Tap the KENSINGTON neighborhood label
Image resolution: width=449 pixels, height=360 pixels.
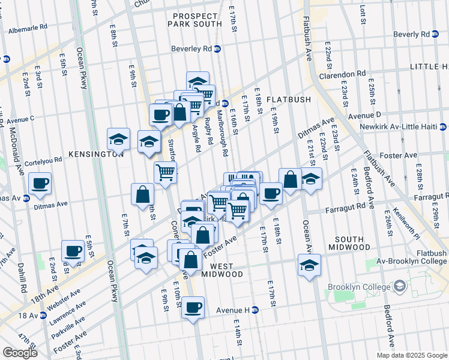(x=96, y=154)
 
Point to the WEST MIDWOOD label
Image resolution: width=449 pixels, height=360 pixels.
(x=219, y=269)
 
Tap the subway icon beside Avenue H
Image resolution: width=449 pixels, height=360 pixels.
(x=255, y=310)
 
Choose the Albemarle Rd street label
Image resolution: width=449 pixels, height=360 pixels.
(x=37, y=28)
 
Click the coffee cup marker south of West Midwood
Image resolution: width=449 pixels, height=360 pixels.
(x=193, y=308)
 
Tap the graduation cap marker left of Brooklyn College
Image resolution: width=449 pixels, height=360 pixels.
(x=309, y=265)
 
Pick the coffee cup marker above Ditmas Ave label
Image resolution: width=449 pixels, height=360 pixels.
(x=40, y=183)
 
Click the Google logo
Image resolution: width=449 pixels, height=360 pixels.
(x=20, y=353)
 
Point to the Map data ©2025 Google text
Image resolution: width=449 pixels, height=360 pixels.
(x=411, y=355)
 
